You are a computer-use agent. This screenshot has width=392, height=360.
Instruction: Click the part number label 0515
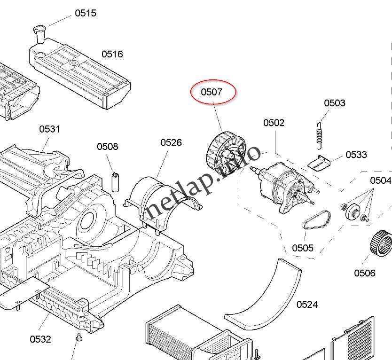click(x=85, y=13)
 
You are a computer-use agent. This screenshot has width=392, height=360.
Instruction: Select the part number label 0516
click(x=112, y=54)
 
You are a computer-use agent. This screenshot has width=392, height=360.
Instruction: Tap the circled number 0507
click(x=212, y=92)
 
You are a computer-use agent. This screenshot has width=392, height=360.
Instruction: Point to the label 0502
click(x=274, y=123)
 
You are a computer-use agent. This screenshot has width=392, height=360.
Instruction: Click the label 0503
click(x=334, y=103)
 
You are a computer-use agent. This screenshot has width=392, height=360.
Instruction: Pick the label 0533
click(x=356, y=155)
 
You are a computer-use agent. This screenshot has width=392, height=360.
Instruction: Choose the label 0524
click(x=307, y=305)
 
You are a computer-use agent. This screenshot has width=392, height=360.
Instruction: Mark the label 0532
click(x=40, y=339)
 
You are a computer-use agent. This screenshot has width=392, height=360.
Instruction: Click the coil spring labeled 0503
click(x=320, y=133)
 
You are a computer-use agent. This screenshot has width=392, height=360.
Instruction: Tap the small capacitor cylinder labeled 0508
click(x=115, y=182)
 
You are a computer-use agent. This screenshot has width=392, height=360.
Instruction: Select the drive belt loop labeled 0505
click(x=316, y=220)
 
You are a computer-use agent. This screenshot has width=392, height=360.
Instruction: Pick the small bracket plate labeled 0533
click(x=319, y=162)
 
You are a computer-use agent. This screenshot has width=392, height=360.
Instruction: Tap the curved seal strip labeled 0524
click(x=268, y=296)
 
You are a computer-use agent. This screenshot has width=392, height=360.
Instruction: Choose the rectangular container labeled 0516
click(x=80, y=75)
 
